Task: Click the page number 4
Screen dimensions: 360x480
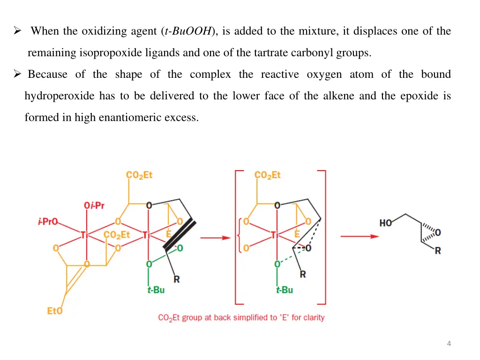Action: click(x=449, y=344)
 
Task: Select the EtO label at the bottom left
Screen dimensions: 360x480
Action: click(x=54, y=311)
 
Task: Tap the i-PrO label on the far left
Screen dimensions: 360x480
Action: click(x=48, y=222)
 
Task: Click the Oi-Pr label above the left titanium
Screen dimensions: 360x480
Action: click(x=94, y=205)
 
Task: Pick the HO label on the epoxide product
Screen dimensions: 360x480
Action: click(x=385, y=223)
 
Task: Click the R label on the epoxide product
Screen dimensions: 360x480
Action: click(x=437, y=251)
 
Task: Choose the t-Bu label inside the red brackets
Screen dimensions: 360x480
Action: click(x=284, y=290)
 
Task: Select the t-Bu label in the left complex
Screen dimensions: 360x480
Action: click(x=156, y=290)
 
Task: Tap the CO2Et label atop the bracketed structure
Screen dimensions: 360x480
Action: click(x=267, y=175)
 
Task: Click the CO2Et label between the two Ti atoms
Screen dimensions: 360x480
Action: click(x=117, y=235)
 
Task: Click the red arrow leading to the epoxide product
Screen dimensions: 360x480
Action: click(x=359, y=236)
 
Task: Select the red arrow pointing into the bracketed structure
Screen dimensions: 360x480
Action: click(x=215, y=238)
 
